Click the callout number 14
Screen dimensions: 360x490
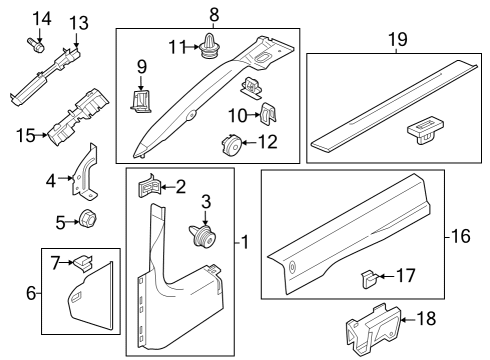[x=41, y=18]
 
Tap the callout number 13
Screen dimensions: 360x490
[x=78, y=22]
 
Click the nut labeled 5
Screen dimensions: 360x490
[x=87, y=221]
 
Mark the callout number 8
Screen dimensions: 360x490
[x=213, y=14]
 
